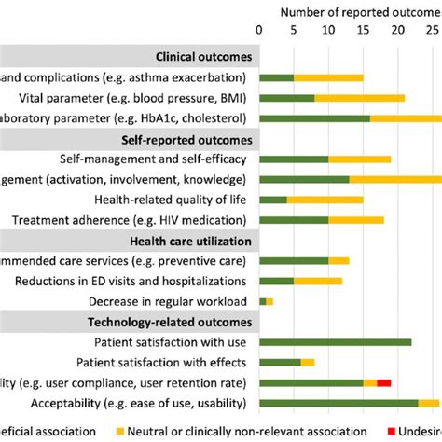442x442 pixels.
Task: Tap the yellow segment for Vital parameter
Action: click(359, 97)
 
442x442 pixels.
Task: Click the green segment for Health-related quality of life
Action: click(273, 199)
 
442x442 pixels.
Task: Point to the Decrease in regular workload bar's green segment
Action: click(262, 301)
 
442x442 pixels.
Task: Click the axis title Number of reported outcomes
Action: click(354, 10)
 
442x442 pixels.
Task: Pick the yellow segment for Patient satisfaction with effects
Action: click(308, 363)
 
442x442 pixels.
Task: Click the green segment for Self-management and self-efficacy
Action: click(294, 159)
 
